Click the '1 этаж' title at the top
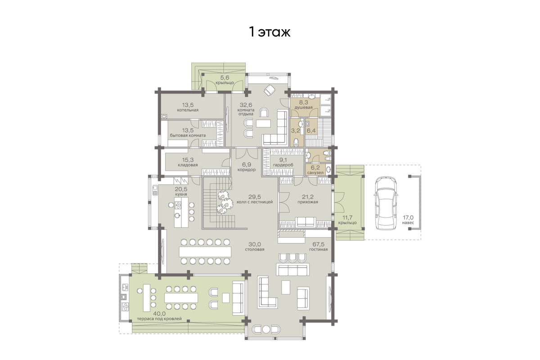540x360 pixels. coord(270,32)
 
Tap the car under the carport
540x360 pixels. coord(386,203)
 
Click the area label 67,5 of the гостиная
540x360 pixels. coord(319,244)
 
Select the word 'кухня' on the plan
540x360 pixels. coord(181,194)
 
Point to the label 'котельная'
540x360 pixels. coord(188,110)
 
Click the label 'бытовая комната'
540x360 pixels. coord(188,135)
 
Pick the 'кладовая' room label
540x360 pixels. coord(188,165)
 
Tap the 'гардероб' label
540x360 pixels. coord(283,165)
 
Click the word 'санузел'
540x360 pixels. coord(315,173)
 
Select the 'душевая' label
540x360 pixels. coord(303,108)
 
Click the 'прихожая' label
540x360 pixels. coord(308,202)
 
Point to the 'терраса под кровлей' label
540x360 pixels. coord(159,319)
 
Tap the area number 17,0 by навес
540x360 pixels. coord(408,217)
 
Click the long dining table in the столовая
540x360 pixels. coord(205,252)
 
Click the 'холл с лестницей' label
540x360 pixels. coord(255,202)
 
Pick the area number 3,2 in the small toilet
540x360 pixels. coord(295,130)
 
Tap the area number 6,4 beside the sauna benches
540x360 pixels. coord(311,130)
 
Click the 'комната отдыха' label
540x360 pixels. coord(246,112)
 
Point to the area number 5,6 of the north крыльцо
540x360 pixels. coord(225,78)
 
